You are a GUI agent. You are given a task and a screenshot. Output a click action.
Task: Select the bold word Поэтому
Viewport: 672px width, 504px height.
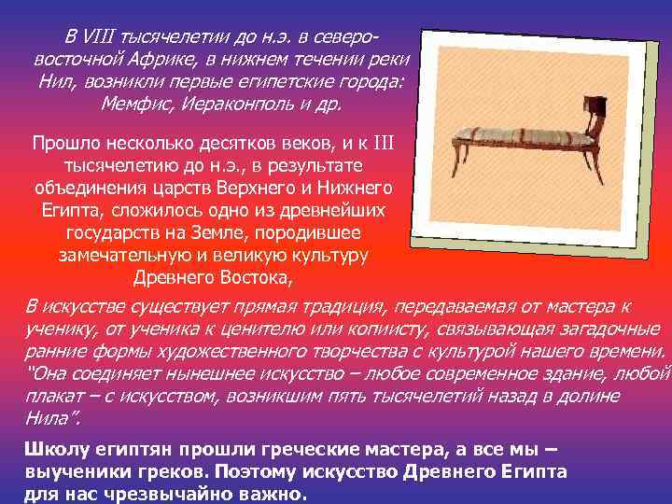258,472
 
